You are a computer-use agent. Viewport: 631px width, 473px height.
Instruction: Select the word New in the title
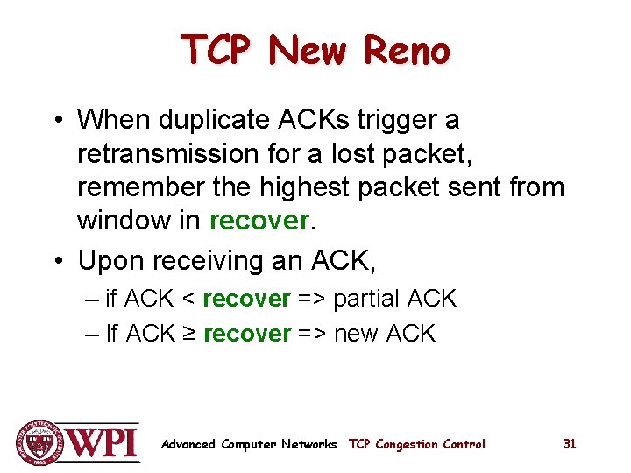[x=308, y=52]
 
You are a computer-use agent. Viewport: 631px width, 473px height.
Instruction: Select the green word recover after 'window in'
[x=259, y=221]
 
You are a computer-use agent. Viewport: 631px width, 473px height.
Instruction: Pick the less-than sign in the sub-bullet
[x=188, y=299]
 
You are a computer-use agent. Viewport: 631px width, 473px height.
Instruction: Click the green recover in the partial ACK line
[x=246, y=299]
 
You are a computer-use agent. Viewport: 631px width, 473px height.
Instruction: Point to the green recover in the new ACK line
[x=246, y=333]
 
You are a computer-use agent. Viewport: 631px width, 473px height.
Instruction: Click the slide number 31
[x=569, y=444]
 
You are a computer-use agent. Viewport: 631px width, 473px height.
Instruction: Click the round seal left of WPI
[x=38, y=443]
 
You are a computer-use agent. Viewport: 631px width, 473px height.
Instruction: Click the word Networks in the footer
[x=309, y=444]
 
